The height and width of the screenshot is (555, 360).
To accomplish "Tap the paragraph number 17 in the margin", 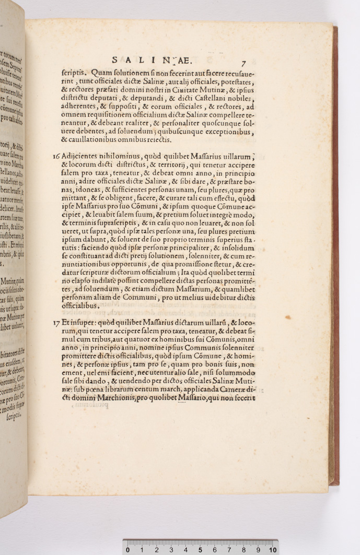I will point(56,323).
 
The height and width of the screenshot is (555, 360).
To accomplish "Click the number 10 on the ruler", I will point(273,550).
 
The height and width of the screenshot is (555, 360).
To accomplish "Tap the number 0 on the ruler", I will point(127,550).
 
